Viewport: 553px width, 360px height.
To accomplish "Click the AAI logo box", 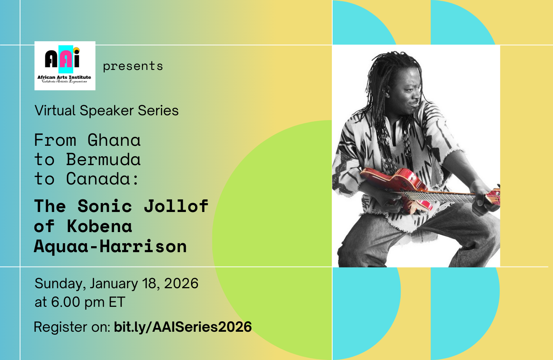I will pos(65,65).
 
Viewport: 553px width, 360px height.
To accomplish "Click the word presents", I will pos(133,66).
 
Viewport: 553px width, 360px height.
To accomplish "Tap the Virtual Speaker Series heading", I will pos(107,110).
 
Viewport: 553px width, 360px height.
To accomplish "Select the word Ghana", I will pos(114,141).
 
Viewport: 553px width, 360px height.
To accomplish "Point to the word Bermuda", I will pos(103,160).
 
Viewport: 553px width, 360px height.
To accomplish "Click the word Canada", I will pos(98,179).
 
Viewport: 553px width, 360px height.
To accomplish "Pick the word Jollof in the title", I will pos(176,206).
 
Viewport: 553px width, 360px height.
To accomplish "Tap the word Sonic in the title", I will pos(105,206).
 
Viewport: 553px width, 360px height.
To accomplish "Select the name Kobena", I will pos(99,226).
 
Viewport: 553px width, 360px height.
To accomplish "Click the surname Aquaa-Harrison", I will pos(110,247).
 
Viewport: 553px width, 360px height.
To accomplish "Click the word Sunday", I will pos(59,284).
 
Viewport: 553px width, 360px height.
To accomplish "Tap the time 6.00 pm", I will pos(78,302).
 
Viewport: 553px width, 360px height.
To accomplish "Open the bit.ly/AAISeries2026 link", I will pos(183,327).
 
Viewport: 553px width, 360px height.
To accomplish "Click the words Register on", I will pos(72,327).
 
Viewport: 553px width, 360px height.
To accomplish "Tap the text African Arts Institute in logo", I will pos(64,77).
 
